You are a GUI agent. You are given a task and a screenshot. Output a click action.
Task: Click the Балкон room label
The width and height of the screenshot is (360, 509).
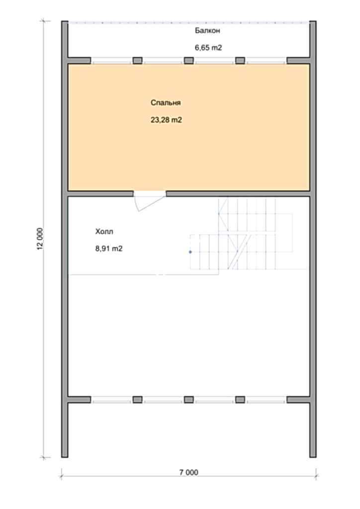click(207, 30)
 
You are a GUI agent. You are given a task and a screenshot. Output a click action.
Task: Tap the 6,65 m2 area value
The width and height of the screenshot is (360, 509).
click(208, 48)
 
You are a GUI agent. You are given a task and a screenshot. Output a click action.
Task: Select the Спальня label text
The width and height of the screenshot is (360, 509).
click(166, 103)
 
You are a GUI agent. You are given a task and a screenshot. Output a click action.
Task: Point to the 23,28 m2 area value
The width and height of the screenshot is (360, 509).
click(166, 120)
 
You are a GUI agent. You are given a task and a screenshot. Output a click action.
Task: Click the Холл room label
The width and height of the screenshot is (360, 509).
click(104, 232)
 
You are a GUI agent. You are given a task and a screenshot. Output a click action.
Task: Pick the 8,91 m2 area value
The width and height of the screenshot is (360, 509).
click(109, 249)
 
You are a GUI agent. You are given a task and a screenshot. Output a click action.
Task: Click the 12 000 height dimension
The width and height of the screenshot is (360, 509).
click(40, 239)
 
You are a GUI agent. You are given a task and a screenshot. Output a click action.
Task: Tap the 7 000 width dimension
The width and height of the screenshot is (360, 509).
click(188, 472)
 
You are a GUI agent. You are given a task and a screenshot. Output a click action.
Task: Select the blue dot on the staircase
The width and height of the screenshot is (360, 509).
click(190, 252)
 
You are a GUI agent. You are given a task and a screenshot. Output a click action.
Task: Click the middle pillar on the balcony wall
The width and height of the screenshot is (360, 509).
click(189, 61)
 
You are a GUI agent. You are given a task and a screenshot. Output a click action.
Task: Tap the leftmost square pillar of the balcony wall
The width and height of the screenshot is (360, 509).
click(138, 61)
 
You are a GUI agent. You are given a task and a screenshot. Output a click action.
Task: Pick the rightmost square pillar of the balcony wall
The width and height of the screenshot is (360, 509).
click(240, 61)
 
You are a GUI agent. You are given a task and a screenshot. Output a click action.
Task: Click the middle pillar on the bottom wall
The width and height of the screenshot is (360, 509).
click(189, 399)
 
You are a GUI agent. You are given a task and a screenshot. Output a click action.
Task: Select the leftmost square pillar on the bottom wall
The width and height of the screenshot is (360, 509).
click(138, 399)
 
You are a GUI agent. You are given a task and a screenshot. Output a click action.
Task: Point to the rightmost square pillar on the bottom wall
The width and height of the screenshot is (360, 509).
click(240, 399)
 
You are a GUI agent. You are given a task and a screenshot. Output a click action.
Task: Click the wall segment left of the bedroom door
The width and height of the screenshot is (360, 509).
click(100, 194)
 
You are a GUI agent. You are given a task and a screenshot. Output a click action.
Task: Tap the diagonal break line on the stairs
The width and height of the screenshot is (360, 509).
click(239, 251)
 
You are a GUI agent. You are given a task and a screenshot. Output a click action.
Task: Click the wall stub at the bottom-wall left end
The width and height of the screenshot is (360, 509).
click(79, 399)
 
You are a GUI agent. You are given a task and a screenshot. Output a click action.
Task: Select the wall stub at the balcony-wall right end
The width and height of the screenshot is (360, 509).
click(298, 61)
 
